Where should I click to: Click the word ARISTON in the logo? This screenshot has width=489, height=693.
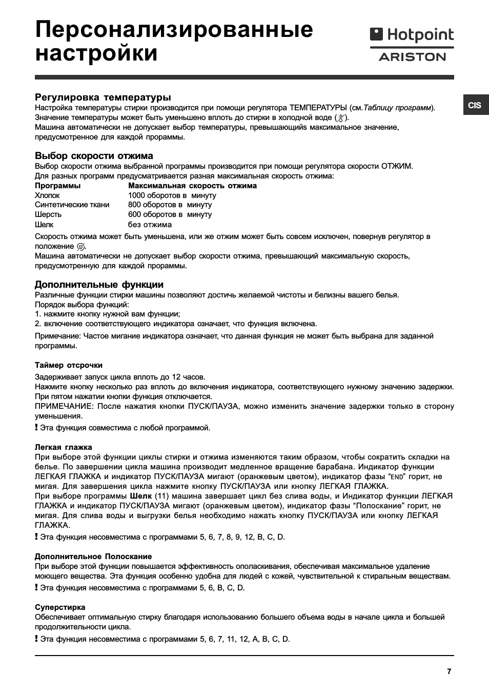(x=412, y=57)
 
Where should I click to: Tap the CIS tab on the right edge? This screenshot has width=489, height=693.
(x=475, y=105)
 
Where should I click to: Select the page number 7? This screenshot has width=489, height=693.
(x=449, y=671)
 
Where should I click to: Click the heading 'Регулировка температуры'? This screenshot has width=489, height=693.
(x=103, y=97)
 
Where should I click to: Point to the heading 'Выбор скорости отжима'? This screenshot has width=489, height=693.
(x=94, y=156)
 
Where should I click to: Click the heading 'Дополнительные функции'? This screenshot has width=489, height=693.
(x=99, y=285)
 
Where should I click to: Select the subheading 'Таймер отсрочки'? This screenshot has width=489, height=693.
(x=69, y=365)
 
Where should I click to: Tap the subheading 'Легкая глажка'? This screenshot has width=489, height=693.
(x=64, y=447)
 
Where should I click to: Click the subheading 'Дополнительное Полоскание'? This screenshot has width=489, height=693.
(x=93, y=557)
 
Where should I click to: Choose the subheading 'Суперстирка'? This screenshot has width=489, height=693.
(x=60, y=607)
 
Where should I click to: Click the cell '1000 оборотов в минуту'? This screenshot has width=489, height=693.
(x=172, y=195)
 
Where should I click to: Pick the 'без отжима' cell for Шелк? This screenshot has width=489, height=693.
(x=150, y=225)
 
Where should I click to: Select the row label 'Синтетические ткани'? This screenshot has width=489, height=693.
(x=72, y=205)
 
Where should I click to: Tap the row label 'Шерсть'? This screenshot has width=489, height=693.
(x=48, y=214)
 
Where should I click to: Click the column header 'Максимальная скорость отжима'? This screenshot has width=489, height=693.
(x=192, y=186)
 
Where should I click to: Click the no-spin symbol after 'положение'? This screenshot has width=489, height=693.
(x=80, y=247)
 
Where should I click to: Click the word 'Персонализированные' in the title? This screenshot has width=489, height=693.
(x=174, y=30)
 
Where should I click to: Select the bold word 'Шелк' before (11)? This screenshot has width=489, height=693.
(x=141, y=496)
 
